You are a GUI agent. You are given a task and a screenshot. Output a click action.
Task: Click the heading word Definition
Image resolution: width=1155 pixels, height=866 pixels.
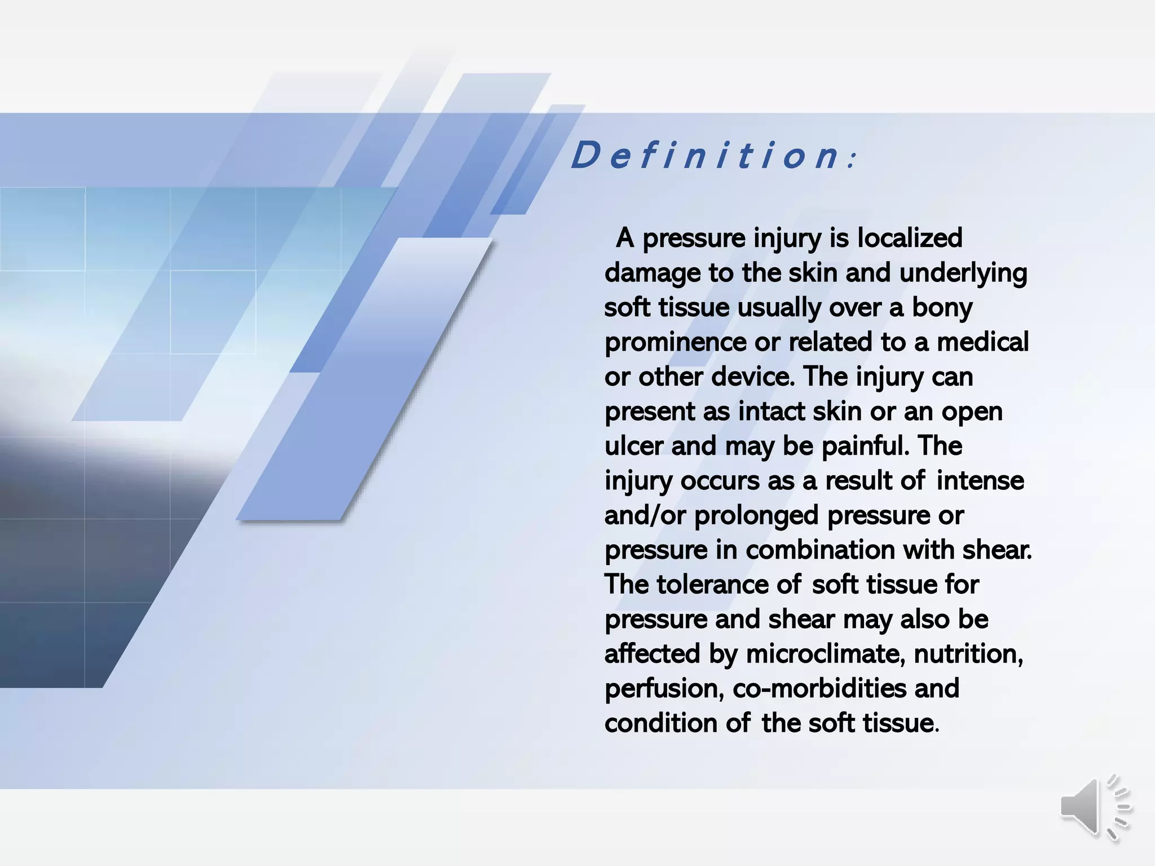tap(707, 156)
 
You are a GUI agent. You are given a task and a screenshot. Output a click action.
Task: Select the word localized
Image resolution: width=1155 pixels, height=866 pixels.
tap(910, 238)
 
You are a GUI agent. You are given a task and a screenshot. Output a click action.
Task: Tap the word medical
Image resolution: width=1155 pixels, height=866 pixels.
tap(982, 342)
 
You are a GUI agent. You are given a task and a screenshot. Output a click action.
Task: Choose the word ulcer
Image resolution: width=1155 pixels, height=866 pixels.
tap(634, 447)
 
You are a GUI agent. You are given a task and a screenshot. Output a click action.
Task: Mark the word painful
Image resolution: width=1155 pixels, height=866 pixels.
tap(866, 447)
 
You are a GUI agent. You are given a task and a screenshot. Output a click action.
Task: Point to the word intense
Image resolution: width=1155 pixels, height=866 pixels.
tap(980, 481)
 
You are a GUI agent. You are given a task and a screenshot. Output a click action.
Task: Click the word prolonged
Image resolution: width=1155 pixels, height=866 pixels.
tap(756, 516)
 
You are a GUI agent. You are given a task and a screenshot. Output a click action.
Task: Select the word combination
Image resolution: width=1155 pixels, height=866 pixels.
tap(821, 550)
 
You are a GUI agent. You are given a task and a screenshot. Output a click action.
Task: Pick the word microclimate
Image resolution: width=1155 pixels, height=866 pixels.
tap(826, 654)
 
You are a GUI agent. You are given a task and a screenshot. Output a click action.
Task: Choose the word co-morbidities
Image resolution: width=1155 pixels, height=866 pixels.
tap(819, 689)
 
